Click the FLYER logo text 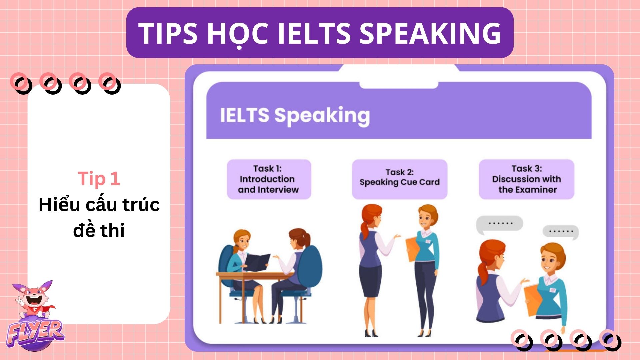tap(35, 333)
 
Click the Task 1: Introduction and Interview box tap(269, 179)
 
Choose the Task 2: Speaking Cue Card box tap(400, 179)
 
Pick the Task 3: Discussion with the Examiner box tap(527, 179)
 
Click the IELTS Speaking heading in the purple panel tap(295, 115)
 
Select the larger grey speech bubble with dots tap(500, 224)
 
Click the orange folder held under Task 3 tap(533, 300)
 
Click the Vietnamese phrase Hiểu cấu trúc tap(99, 205)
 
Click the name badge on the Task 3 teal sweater tap(552, 290)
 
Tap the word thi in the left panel tap(112, 230)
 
